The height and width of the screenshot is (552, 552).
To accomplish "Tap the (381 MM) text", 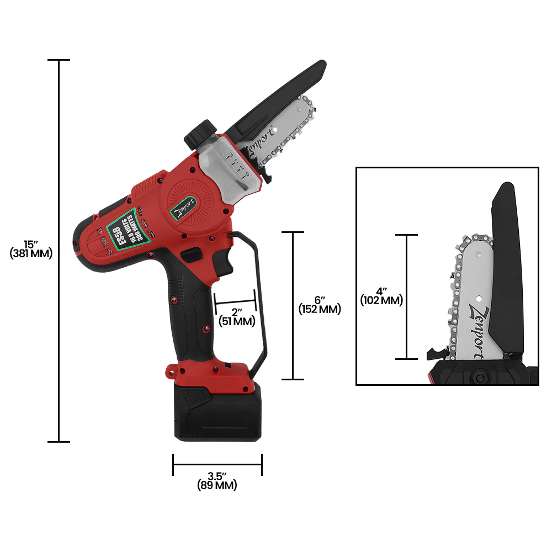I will (x=31, y=254).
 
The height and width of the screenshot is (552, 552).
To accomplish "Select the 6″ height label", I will (x=319, y=299).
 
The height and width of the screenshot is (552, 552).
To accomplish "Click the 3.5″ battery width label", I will (x=217, y=476).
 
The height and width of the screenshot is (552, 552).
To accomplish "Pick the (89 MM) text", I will (x=217, y=486).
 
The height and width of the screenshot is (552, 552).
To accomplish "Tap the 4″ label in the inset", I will (x=381, y=291).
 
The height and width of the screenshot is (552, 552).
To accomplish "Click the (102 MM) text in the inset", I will (x=381, y=301).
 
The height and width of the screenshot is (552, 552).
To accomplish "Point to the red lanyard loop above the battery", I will (x=172, y=370).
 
